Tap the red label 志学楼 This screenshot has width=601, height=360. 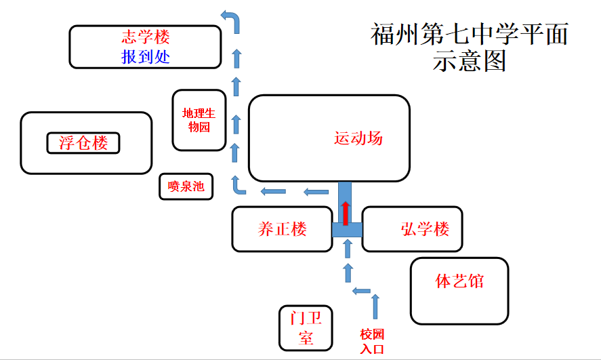click(x=146, y=37)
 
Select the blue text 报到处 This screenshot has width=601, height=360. click(x=146, y=57)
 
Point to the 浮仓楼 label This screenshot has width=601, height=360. click(x=83, y=143)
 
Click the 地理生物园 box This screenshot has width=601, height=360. click(x=199, y=120)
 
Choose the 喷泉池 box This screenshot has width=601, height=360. click(x=186, y=186)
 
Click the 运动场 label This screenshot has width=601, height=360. click(x=358, y=138)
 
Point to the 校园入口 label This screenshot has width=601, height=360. click(x=372, y=342)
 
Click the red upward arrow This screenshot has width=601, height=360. click(x=346, y=213)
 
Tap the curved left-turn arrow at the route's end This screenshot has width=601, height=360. click(x=232, y=20)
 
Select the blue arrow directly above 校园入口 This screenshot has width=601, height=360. click(x=375, y=306)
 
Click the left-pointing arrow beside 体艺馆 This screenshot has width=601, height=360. click(x=361, y=291)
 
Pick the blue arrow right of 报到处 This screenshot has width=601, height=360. click(x=236, y=58)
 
